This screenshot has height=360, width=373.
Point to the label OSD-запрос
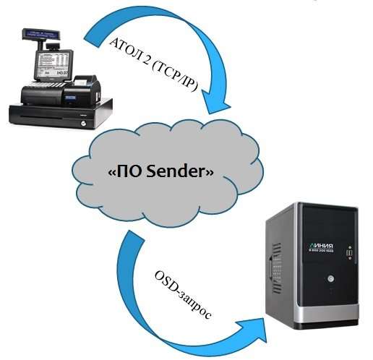(182, 295)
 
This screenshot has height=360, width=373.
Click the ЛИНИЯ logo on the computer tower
(321, 247)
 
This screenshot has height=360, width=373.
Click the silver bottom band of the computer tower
(327, 314)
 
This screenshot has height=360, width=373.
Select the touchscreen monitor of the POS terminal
(53, 64)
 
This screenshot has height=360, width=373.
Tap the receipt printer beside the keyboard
(82, 91)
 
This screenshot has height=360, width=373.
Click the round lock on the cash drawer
(84, 124)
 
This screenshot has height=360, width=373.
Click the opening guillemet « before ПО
(112, 173)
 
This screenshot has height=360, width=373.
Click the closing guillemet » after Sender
(210, 173)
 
